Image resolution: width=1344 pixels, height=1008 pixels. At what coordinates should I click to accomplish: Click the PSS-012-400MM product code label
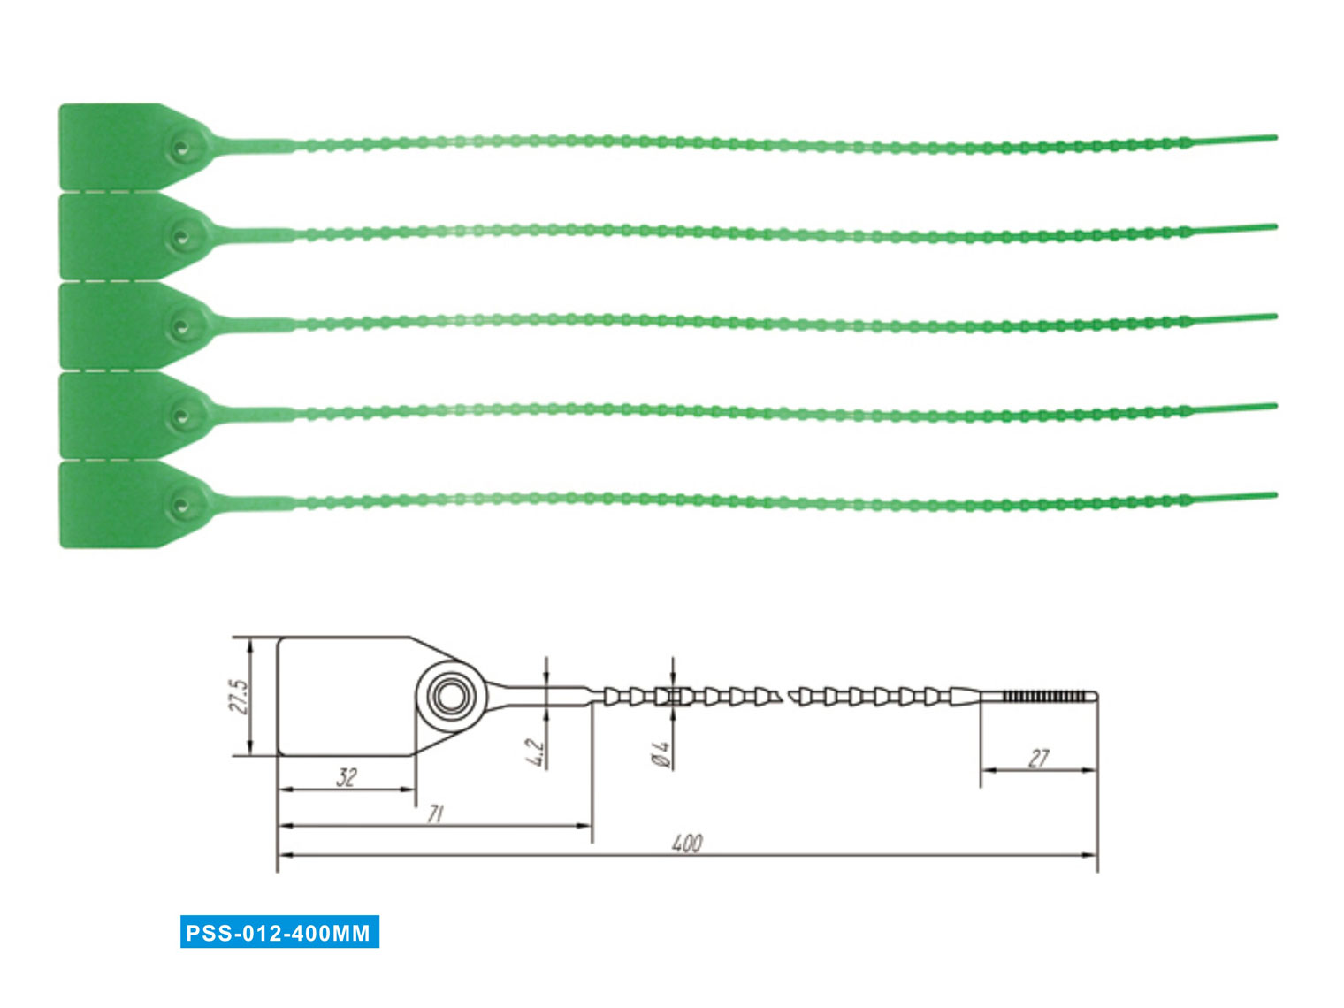pos(279,932)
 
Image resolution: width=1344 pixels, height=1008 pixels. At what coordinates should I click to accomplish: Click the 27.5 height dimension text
pos(239,696)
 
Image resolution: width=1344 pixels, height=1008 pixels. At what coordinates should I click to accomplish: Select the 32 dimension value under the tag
pos(347,777)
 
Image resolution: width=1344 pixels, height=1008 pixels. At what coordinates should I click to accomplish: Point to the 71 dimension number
pos(435,813)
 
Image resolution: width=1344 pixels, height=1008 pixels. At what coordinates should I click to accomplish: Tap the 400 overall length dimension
pos(687,844)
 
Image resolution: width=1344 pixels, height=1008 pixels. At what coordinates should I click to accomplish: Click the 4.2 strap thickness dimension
pos(535,751)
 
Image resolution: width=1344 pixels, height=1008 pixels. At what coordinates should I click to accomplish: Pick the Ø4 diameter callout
pos(661,753)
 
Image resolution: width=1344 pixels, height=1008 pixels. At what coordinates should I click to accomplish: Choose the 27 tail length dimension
pos(1038,758)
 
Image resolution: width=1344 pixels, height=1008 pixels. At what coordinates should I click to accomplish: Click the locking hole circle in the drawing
pos(451,696)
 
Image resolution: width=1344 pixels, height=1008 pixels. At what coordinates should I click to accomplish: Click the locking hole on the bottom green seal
pos(181,506)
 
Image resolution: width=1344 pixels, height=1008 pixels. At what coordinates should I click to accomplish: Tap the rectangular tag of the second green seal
pos(111,235)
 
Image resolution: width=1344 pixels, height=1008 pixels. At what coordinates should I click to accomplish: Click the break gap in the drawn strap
pos(785,696)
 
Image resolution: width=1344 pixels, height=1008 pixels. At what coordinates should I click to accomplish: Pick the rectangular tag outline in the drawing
pos(345,696)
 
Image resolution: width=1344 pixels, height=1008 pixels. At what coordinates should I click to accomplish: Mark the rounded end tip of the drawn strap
pos(1095,696)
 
